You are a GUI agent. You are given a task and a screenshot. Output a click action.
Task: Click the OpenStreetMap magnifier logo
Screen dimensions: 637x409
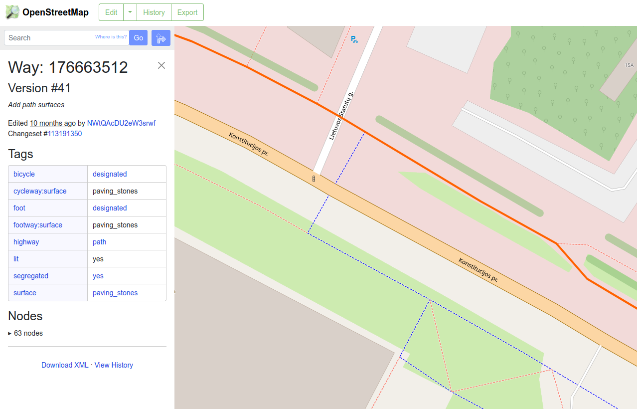12,12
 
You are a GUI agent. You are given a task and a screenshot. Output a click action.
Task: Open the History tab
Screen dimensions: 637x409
154,12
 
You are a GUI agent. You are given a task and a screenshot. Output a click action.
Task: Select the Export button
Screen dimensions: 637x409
187,12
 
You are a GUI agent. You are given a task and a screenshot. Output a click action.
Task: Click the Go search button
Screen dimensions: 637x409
138,38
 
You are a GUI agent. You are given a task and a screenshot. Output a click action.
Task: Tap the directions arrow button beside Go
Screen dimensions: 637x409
161,38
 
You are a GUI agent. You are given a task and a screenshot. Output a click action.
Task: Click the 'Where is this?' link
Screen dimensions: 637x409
111,37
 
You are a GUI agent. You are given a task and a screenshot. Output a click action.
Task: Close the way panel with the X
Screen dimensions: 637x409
161,65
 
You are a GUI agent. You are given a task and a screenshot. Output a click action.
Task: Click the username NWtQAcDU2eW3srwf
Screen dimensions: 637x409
121,123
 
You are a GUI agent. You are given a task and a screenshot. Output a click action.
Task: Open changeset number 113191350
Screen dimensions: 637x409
65,134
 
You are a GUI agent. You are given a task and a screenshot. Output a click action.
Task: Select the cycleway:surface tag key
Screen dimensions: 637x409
40,191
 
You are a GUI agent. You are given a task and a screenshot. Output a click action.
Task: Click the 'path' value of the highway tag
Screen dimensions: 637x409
100,242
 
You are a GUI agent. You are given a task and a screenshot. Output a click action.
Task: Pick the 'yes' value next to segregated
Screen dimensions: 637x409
98,276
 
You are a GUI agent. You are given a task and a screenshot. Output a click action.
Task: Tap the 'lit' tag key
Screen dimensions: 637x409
16,259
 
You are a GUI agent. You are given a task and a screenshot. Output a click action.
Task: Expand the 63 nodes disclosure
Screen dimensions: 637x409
26,333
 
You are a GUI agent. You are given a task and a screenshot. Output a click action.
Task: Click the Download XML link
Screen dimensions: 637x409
65,365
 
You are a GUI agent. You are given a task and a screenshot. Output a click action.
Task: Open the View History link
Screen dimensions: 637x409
114,365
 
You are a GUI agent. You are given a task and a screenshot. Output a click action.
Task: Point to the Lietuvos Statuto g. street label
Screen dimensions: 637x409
341,116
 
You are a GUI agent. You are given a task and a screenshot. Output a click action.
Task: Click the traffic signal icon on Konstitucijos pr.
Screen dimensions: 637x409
314,179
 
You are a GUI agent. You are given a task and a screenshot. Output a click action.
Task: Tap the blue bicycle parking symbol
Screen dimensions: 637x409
354,39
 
